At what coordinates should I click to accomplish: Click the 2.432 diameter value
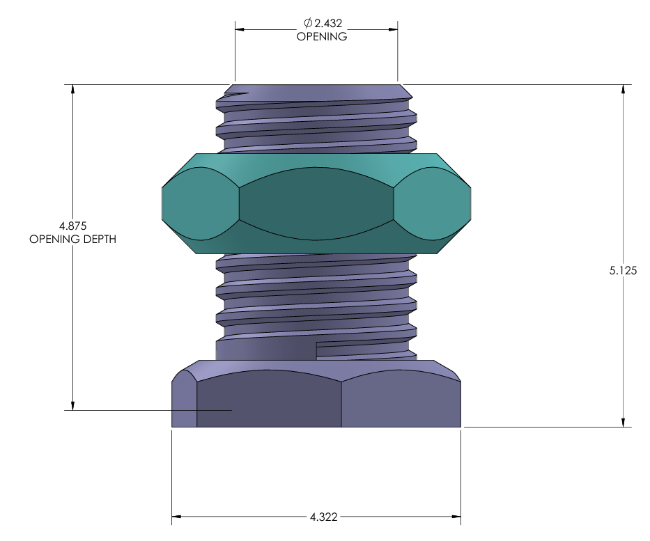[328, 23]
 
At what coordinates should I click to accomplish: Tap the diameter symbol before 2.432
[308, 23]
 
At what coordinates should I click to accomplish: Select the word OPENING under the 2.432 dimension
[322, 36]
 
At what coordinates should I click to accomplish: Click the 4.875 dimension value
[73, 226]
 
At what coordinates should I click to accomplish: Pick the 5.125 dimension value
[623, 270]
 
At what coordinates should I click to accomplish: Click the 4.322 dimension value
[324, 517]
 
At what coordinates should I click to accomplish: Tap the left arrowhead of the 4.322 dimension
[176, 517]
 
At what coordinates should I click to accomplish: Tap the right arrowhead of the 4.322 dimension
[456, 517]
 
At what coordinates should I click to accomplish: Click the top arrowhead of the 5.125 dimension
[623, 90]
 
